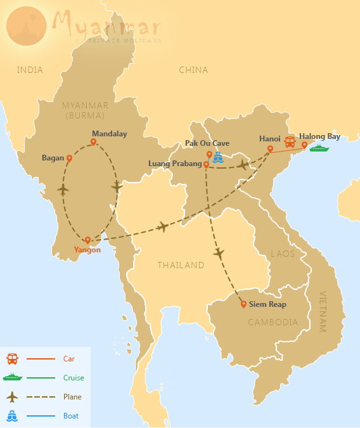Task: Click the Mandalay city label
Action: (109, 134)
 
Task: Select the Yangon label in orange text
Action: (87, 250)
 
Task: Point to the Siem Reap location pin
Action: (243, 304)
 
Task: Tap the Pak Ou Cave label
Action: (207, 143)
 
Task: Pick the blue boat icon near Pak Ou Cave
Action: (219, 157)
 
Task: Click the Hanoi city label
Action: (270, 138)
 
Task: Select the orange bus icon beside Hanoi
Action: (290, 142)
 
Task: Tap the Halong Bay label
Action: (320, 136)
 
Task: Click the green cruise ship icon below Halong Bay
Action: (319, 148)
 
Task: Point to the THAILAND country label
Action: (181, 265)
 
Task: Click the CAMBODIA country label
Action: (273, 322)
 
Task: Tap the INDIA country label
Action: (30, 70)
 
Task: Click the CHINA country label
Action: (193, 70)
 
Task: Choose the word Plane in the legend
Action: (72, 397)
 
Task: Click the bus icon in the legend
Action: (12, 359)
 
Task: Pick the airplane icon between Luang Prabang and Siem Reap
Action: (219, 254)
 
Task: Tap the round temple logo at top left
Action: (26, 26)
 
